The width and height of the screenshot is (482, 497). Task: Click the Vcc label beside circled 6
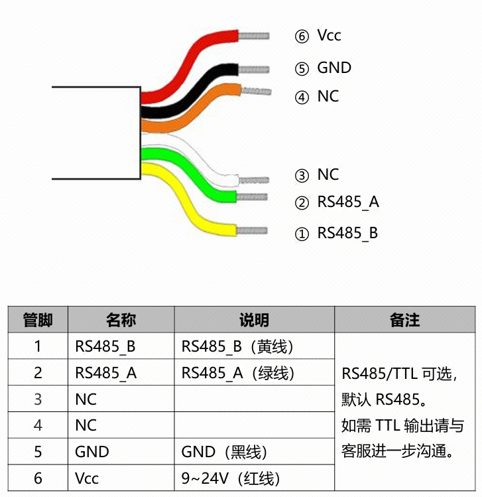329,35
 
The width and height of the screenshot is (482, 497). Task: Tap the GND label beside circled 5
334,68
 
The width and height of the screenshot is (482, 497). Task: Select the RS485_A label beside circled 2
348,202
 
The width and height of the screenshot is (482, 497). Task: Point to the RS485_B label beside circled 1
347,233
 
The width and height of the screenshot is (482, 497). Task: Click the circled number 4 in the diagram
302,98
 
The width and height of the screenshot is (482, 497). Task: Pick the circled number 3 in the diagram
302,176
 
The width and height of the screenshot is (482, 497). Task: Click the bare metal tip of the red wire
254,36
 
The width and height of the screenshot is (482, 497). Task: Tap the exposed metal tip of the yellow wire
252,230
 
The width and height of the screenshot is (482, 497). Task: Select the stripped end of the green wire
252,197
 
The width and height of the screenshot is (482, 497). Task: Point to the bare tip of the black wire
254,69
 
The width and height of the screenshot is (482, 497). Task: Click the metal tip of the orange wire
256,91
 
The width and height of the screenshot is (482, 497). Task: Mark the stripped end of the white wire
254,180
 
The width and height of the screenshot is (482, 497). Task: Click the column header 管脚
38,320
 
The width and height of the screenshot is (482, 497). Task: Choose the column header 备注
404,320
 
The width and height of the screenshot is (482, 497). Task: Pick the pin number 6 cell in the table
38,478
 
